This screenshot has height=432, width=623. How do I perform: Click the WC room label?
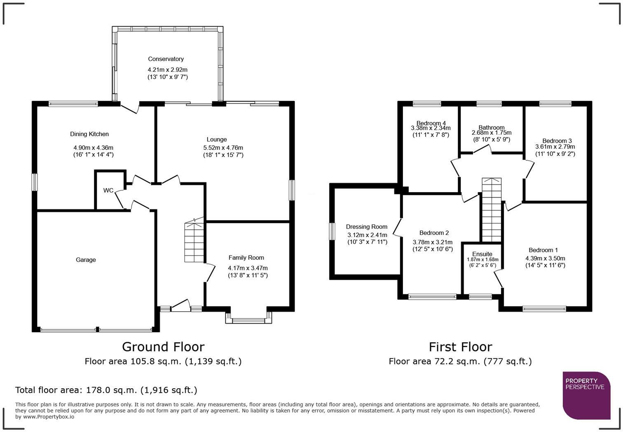pyautogui.click(x=108, y=190)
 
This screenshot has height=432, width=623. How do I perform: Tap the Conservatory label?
pyautogui.click(x=166, y=59)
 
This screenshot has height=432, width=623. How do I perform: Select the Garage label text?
pyautogui.click(x=86, y=260)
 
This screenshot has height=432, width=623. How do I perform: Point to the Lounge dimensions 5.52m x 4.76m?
pyautogui.click(x=223, y=148)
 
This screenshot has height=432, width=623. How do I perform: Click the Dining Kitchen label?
pyautogui.click(x=89, y=134)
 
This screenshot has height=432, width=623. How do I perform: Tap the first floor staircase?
pyautogui.click(x=492, y=210)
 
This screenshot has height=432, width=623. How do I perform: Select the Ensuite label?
pyautogui.click(x=482, y=254)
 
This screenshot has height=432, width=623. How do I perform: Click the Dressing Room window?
pyautogui.click(x=332, y=231)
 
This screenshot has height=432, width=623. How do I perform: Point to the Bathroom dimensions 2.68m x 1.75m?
pyautogui.click(x=492, y=133)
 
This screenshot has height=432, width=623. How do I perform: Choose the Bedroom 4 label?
pyautogui.click(x=431, y=123)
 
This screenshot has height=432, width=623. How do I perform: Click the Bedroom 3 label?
pyautogui.click(x=557, y=141)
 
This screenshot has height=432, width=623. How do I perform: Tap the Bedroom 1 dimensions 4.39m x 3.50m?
pyautogui.click(x=545, y=258)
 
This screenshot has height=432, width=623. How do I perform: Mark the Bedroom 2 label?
pyautogui.click(x=434, y=233)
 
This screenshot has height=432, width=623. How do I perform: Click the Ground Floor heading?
pyautogui.click(x=163, y=347)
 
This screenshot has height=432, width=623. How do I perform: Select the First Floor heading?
pyautogui.click(x=461, y=347)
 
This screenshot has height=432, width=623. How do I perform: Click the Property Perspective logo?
pyautogui.click(x=587, y=395)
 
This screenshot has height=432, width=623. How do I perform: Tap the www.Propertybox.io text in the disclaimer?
pyautogui.click(x=49, y=417)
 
